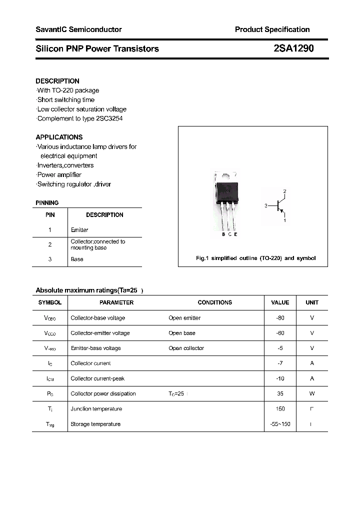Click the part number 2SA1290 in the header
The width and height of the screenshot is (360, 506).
point(293,48)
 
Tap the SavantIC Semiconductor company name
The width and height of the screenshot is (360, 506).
point(78,29)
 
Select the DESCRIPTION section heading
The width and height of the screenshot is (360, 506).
point(57,81)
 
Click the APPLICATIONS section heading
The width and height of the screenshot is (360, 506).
point(59,137)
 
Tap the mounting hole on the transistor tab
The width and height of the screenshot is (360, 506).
point(224,176)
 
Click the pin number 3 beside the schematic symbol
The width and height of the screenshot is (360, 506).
point(266,205)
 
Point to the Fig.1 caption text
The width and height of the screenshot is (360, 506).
point(255,258)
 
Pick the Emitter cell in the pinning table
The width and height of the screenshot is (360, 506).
point(79,230)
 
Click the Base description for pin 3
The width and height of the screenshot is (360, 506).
point(77,259)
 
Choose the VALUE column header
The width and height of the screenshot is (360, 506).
point(280,302)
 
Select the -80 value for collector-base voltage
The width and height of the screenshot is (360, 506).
point(280,318)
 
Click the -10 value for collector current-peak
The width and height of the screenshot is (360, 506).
point(280,378)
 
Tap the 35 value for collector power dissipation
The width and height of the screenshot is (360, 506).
point(280,393)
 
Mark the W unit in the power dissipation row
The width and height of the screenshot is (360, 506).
point(312,393)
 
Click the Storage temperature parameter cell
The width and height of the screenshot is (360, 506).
point(95,424)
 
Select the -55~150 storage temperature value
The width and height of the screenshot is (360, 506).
point(280,424)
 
